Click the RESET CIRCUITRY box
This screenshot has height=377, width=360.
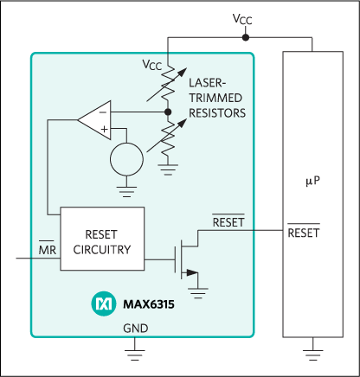102,239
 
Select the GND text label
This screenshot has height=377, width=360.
134,329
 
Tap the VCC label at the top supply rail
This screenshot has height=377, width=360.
245,18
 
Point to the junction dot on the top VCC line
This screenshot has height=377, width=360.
246,38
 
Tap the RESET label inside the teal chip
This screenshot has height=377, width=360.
228,222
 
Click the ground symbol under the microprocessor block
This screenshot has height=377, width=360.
312,349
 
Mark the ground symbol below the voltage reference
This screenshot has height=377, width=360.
128,182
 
